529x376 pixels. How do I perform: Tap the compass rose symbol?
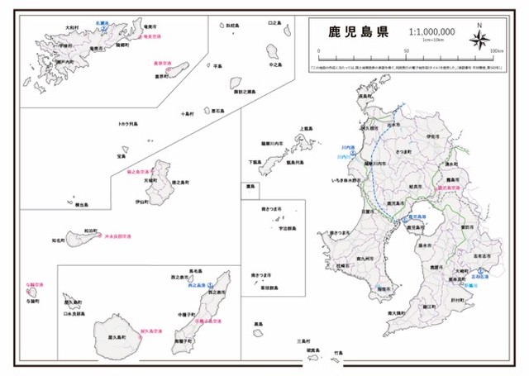480,38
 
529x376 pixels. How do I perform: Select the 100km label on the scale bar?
497,50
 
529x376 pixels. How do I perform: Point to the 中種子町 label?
187,315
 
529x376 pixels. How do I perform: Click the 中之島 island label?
277,64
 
